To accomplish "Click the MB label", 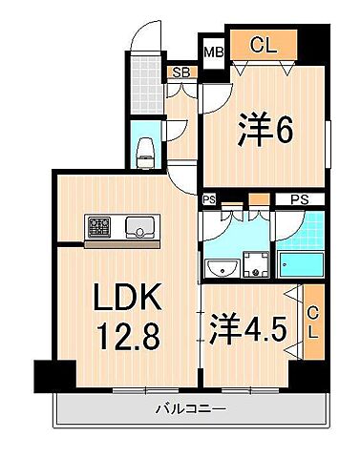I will click(x=212, y=52).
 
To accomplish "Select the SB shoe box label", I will click(x=179, y=72).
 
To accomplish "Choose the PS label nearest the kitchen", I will click(x=208, y=199).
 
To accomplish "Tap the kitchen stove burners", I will click(x=99, y=228).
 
